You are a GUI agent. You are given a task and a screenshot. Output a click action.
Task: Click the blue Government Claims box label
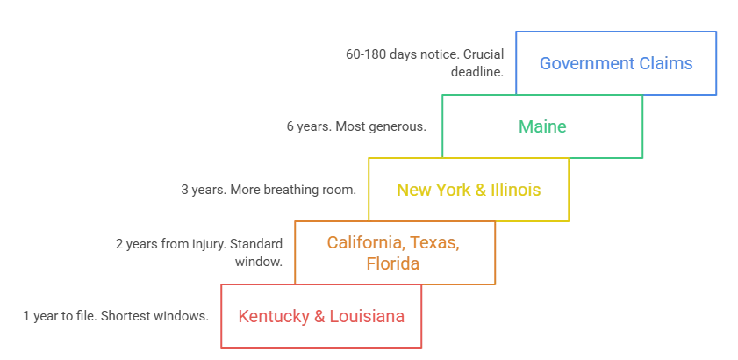[616, 63]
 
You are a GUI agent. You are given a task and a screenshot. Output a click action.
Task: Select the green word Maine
[542, 126]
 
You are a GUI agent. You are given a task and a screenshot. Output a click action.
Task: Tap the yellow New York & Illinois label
[469, 190]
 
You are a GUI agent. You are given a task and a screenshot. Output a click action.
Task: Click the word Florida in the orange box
[393, 263]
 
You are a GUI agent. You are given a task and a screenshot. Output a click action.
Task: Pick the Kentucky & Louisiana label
[321, 316]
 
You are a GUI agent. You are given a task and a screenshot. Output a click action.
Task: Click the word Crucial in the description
[484, 54]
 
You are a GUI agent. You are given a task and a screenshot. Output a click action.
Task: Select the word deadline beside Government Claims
[476, 72]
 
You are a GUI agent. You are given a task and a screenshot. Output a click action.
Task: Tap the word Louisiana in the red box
[367, 316]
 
